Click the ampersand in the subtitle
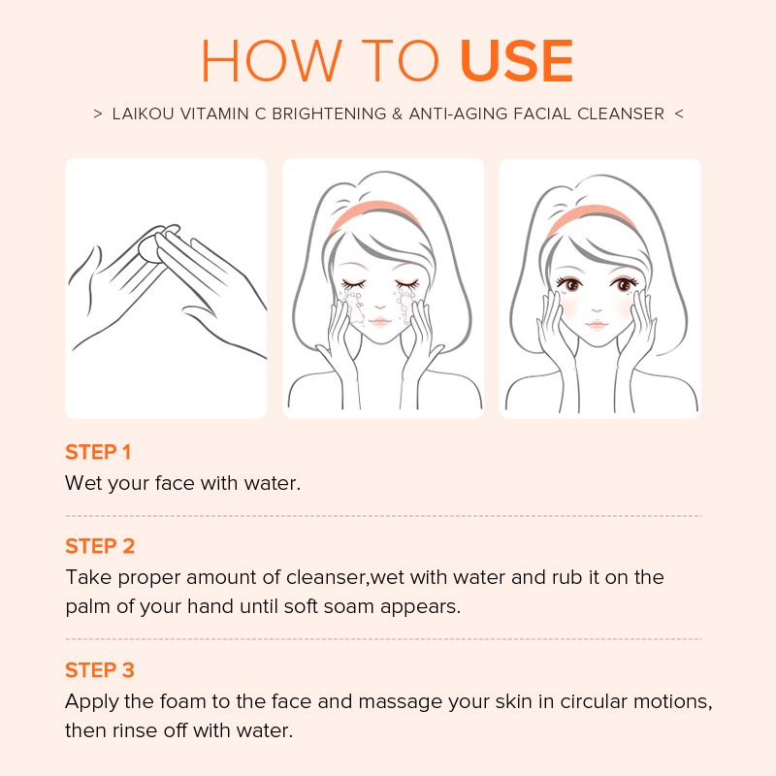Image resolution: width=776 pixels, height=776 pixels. (x=396, y=113)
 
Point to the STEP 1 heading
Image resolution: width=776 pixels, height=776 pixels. (x=98, y=452)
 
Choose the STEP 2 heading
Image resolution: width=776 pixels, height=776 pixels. (x=100, y=546)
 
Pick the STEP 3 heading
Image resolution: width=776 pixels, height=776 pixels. (x=100, y=670)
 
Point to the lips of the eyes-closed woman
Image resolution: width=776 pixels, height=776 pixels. (x=381, y=321)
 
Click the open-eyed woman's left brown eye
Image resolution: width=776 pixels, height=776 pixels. (x=573, y=285)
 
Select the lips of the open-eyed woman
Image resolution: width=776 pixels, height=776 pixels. (x=598, y=321)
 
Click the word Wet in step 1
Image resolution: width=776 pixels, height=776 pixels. (x=81, y=483)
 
